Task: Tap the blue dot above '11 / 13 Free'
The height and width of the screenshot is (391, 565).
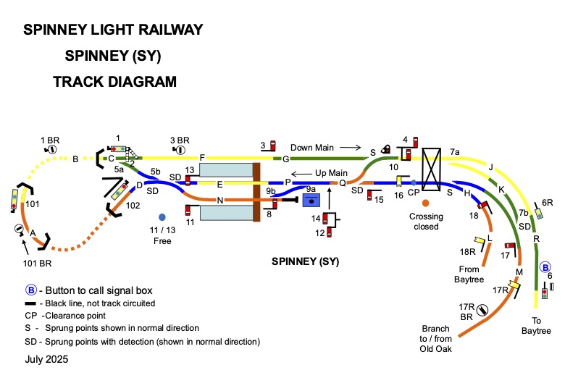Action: click(162, 216)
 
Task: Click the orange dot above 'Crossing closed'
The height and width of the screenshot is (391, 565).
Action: click(425, 203)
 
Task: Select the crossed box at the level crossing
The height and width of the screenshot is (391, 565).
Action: click(432, 169)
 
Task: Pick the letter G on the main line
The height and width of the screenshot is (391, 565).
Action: click(285, 159)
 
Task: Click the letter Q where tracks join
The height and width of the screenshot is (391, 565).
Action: click(343, 183)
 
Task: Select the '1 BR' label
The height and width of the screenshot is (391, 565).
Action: click(49, 139)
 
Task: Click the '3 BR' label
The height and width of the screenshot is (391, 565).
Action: click(179, 140)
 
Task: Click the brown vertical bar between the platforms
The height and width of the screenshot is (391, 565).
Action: click(256, 193)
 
